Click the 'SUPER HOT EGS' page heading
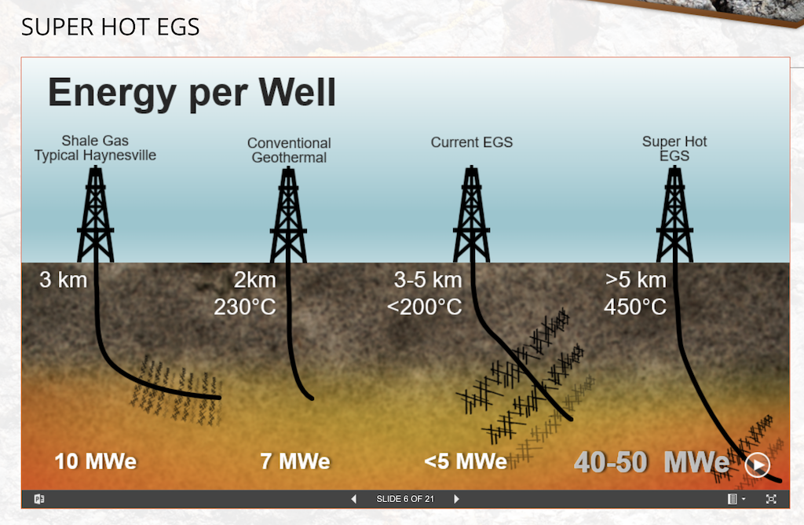click(111, 28)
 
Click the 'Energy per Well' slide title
click(192, 94)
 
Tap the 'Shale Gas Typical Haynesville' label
click(95, 149)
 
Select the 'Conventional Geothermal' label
click(289, 150)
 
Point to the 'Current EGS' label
click(471, 142)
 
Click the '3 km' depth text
click(63, 280)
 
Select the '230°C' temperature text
click(245, 307)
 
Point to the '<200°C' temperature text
click(425, 307)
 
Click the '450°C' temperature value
click(635, 307)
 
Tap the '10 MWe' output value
click(95, 461)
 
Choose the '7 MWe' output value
click(295, 461)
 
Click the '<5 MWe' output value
click(465, 461)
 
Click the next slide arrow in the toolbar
click(456, 499)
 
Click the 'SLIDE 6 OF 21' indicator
click(405, 499)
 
